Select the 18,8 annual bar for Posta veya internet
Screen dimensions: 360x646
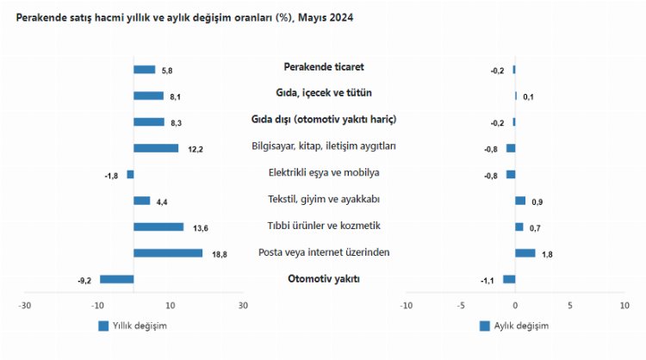point(168,253)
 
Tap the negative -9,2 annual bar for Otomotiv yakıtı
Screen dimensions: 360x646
point(117,279)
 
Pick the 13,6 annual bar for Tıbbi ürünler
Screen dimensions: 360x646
point(158,227)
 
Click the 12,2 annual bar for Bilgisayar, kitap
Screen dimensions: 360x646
point(156,148)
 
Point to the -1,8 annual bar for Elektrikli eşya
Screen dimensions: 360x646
point(130,174)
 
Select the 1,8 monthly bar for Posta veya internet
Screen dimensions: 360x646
point(525,253)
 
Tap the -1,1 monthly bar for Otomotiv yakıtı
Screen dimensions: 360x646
point(509,279)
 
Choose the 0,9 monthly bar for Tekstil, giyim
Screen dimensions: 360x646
point(520,201)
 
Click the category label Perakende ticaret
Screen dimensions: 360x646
point(323,66)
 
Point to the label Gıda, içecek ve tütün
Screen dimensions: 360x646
point(323,92)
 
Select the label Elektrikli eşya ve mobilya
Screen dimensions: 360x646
point(323,172)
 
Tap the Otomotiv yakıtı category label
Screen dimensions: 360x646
point(323,278)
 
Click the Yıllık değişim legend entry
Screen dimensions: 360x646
point(133,326)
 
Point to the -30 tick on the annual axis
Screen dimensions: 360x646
point(26,306)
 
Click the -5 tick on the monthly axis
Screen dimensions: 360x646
point(461,306)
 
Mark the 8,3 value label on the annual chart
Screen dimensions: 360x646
point(176,123)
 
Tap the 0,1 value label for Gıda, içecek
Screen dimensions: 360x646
point(528,97)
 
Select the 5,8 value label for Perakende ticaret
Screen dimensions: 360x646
point(167,71)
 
